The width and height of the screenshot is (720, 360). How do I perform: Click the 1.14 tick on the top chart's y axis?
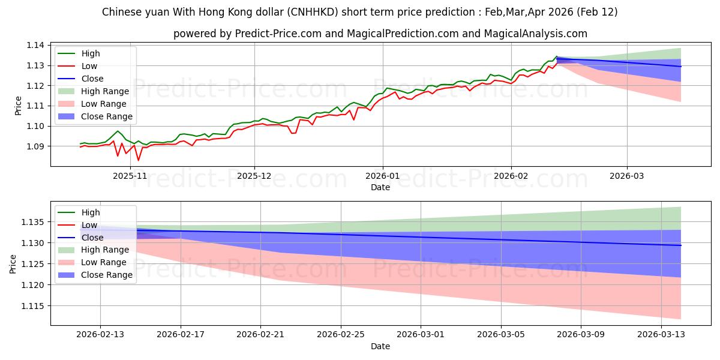(x=37, y=45)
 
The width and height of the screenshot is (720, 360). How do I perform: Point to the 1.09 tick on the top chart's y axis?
(x=37, y=146)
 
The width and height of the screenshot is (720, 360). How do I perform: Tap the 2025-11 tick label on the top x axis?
(x=130, y=176)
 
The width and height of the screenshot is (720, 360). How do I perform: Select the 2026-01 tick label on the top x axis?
(x=383, y=176)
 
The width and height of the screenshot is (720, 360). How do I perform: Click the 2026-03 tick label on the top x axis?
(x=627, y=176)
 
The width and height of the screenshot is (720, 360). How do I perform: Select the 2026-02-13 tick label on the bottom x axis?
(x=100, y=334)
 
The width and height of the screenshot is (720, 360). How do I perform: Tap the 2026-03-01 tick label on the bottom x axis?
(x=421, y=334)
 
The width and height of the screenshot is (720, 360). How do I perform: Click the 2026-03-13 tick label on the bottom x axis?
(x=661, y=334)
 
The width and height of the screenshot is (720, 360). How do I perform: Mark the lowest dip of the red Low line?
(x=138, y=160)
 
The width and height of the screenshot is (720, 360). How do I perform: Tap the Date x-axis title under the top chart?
(x=380, y=187)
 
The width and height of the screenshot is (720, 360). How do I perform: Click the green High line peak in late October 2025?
(x=118, y=131)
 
